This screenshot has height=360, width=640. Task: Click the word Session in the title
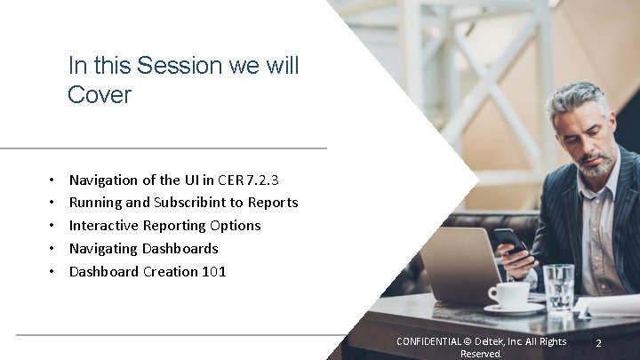[x=171, y=66]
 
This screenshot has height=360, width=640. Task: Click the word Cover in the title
[x=99, y=95]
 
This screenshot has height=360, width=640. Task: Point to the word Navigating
[x=105, y=249]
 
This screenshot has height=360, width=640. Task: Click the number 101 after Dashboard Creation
[x=214, y=272]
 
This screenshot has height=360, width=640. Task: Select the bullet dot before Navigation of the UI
[x=52, y=180]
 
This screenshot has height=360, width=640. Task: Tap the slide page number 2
[x=599, y=343]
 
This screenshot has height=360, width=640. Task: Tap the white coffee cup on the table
[x=509, y=295]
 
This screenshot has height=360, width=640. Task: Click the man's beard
[x=596, y=165]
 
